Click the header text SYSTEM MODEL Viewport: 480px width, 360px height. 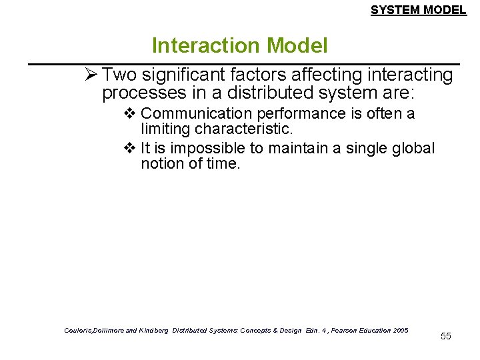(x=418, y=10)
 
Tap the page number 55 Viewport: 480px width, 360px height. (x=446, y=336)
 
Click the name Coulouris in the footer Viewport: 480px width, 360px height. (x=81, y=330)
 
